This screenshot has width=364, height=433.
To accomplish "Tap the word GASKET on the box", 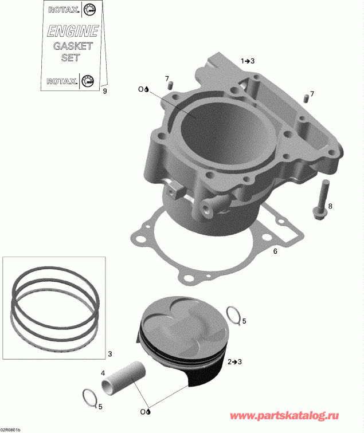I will tap(69, 46).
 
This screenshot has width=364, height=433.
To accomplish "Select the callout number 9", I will tap(104, 90).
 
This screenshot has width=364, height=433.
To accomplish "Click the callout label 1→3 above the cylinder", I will tap(248, 60).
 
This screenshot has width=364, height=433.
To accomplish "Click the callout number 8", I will tap(330, 206).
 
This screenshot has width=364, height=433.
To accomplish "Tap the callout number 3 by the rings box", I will tap(110, 353).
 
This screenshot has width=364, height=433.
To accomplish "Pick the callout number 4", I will tap(103, 373).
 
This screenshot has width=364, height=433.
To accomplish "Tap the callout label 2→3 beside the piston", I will tap(234, 362).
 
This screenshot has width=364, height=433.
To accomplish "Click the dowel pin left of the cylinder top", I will tap(170, 85).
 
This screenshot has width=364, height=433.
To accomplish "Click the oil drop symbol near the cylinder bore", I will tap(147, 89).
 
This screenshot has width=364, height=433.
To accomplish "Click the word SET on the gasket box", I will tap(69, 58).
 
